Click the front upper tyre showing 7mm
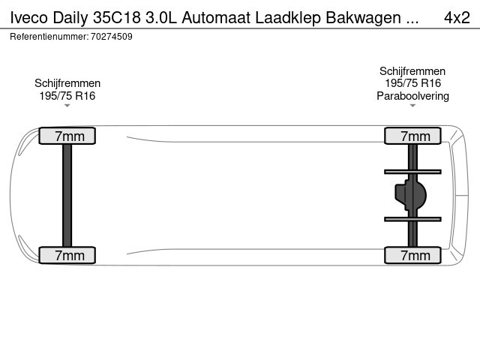point(67,136)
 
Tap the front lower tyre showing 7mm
point(67,255)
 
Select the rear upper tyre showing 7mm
point(412,136)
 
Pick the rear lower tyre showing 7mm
point(412,255)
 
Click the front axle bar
point(67,195)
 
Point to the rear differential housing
point(410,195)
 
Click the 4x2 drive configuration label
point(457,17)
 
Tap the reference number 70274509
point(112,37)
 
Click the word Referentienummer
point(49,37)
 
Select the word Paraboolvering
point(412,96)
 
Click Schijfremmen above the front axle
point(67,83)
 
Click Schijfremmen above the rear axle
point(412,71)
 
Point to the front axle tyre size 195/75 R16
point(67,96)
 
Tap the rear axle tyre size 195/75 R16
point(412,83)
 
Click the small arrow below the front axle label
point(67,106)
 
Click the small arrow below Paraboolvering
point(412,106)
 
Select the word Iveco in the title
point(29,17)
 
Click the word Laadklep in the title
point(288,18)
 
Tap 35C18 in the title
point(117,17)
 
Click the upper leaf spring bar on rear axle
point(412,172)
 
